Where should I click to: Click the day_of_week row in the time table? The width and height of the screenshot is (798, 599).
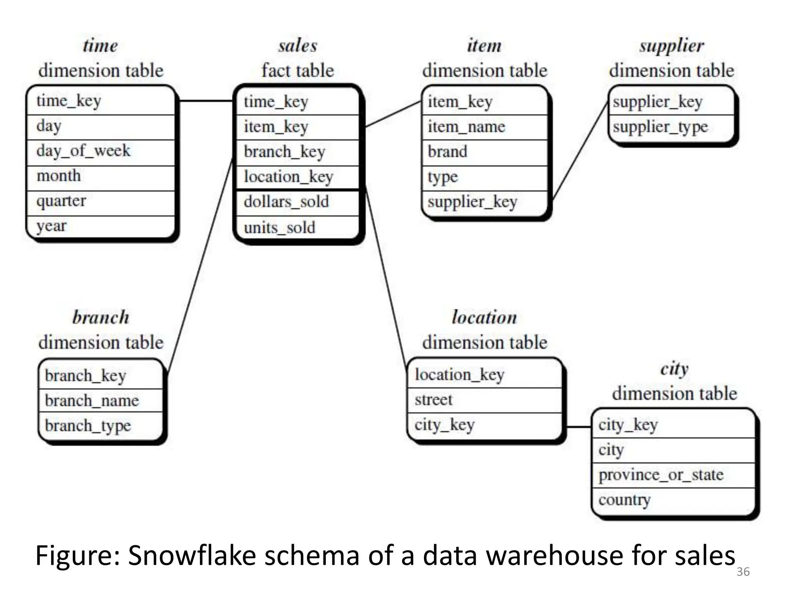[x=83, y=151]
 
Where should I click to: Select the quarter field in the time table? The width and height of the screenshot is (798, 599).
[x=61, y=201]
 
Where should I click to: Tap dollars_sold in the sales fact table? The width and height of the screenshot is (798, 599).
[x=286, y=202]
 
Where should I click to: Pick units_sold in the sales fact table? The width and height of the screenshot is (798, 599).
[x=279, y=228]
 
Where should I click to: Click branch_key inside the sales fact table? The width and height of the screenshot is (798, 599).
[x=284, y=152]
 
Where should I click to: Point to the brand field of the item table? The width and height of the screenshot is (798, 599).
[x=447, y=152]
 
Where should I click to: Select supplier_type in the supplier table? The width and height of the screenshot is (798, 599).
[x=660, y=127]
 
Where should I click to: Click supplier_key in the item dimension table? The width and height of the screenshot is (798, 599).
[x=472, y=202]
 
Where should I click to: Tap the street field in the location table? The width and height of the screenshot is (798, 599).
[x=433, y=400]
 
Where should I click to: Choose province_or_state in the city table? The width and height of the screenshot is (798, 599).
[x=661, y=475]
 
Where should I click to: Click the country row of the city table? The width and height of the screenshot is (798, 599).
[x=624, y=500]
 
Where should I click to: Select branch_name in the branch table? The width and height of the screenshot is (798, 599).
[x=92, y=401]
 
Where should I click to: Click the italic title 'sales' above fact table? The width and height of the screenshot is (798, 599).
[x=298, y=46]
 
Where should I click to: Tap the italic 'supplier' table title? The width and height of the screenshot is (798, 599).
[x=671, y=46]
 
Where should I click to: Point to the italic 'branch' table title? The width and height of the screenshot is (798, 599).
[x=101, y=317]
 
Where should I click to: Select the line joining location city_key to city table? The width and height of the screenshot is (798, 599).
[x=578, y=427]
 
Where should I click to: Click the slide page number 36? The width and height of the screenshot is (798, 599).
[x=743, y=572]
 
